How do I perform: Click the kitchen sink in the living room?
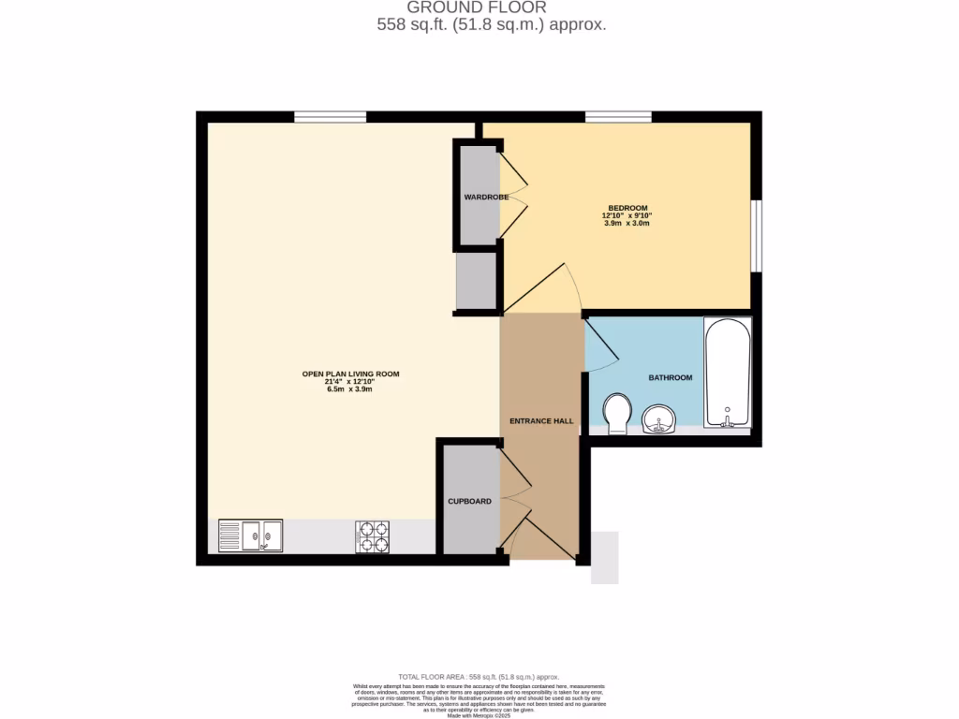coord(250,536)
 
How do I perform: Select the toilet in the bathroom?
coord(617,413)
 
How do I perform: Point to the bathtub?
coord(728,373)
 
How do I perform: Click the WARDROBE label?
coord(486,198)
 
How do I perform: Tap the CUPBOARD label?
coord(469,502)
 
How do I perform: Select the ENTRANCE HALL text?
coord(541,421)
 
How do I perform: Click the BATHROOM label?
coord(671,377)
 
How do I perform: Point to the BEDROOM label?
coord(627,208)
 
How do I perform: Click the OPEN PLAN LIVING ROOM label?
coord(350,374)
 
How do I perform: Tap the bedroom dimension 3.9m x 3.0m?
coord(627,224)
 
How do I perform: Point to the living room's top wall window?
coord(331,117)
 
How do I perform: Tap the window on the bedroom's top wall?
coord(618,117)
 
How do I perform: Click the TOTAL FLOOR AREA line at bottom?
coord(479,677)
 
